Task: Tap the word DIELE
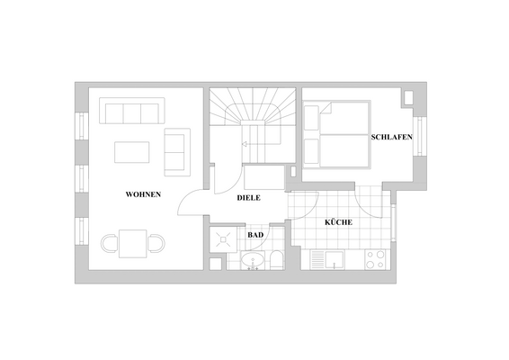(248, 198)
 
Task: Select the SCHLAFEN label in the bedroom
(391, 137)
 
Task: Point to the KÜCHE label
(338, 222)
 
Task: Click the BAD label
(254, 235)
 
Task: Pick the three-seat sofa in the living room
(132, 113)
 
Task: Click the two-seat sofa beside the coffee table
(176, 152)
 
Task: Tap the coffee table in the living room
(132, 151)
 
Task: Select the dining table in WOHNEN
(133, 243)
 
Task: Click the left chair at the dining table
(110, 243)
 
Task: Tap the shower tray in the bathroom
(222, 240)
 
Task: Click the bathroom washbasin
(254, 262)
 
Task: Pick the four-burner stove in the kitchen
(375, 260)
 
